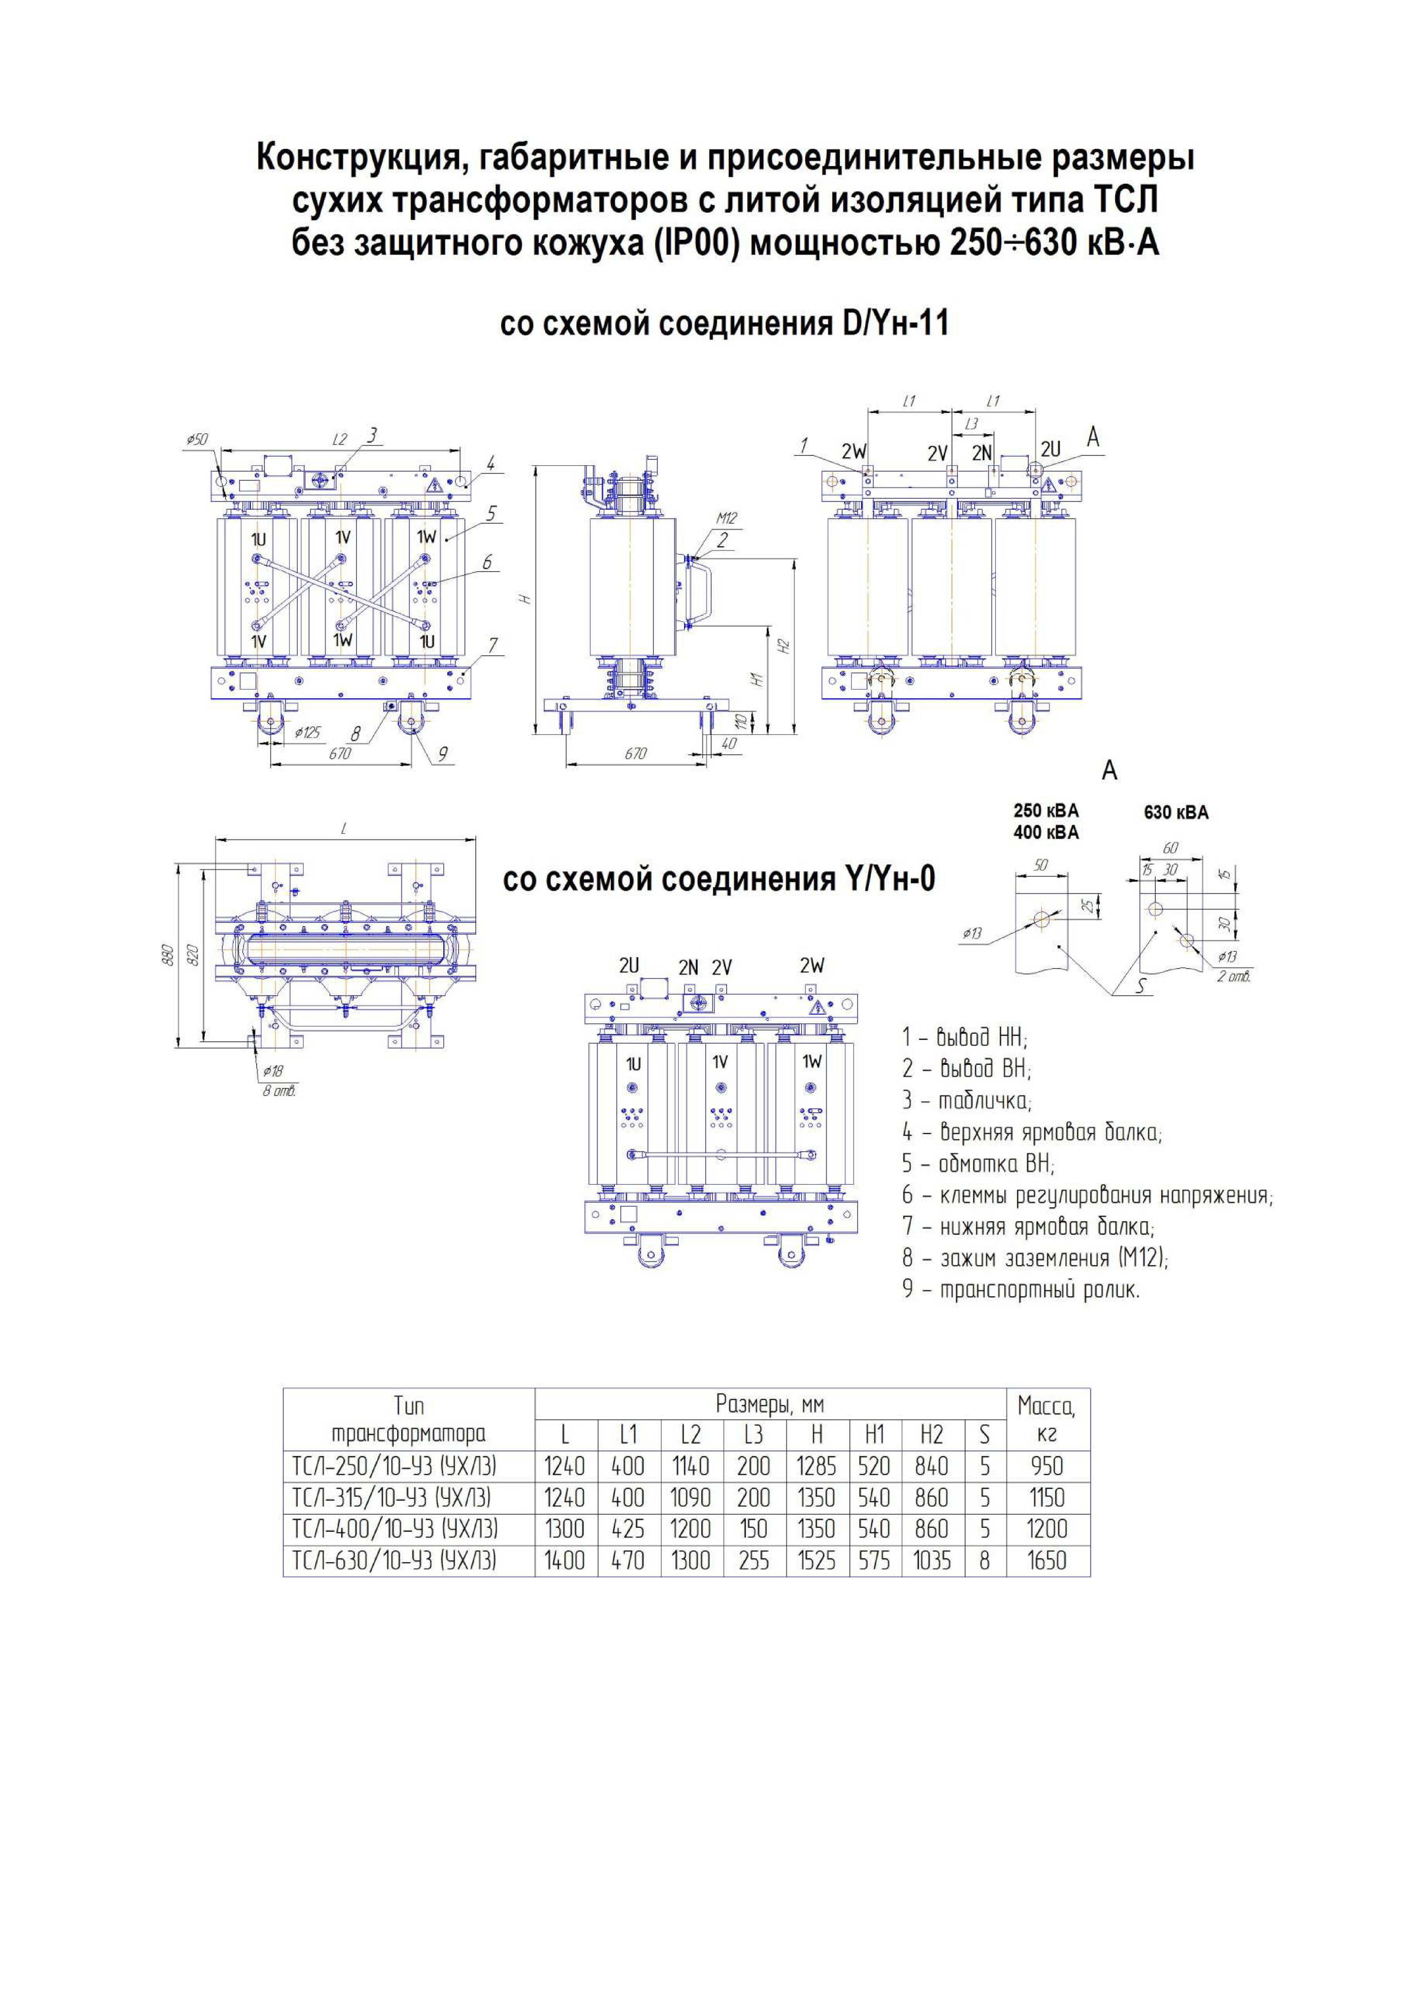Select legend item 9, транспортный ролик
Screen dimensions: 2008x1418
[1021, 1289]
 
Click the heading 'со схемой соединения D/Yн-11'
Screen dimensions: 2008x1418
[724, 324]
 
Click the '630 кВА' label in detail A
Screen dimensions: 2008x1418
[1176, 812]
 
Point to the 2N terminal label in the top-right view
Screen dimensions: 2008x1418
[983, 453]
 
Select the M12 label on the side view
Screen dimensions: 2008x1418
[726, 518]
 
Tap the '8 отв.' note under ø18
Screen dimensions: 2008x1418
[280, 1091]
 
